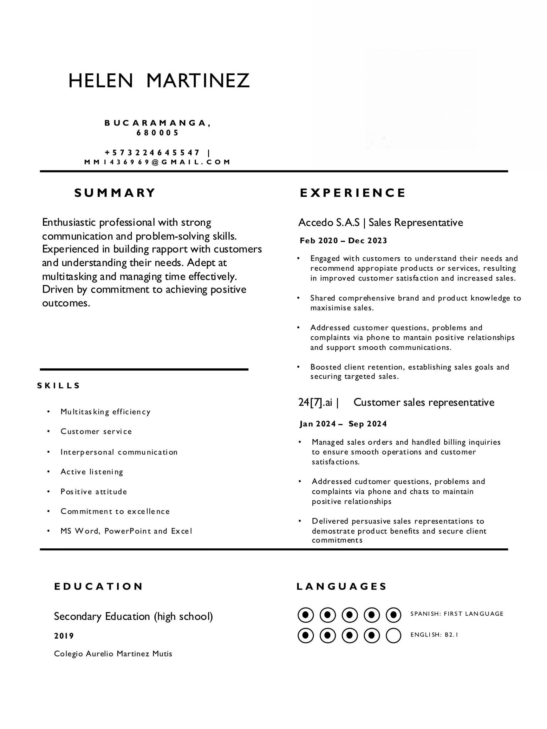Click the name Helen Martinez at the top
click(159, 81)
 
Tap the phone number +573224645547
click(152, 152)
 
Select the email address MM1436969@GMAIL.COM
click(157, 162)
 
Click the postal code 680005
click(157, 133)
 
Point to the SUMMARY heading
click(115, 193)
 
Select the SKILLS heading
click(59, 386)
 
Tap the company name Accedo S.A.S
click(329, 223)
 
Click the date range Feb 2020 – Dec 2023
click(343, 241)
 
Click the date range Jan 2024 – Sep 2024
click(343, 424)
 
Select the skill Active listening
click(92, 472)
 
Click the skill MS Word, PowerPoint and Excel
click(126, 531)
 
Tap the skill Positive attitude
click(94, 492)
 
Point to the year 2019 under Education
click(64, 636)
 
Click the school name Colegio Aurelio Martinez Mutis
click(113, 654)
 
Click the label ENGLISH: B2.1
click(434, 635)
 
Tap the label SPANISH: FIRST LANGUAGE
click(457, 614)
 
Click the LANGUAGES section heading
click(342, 587)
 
